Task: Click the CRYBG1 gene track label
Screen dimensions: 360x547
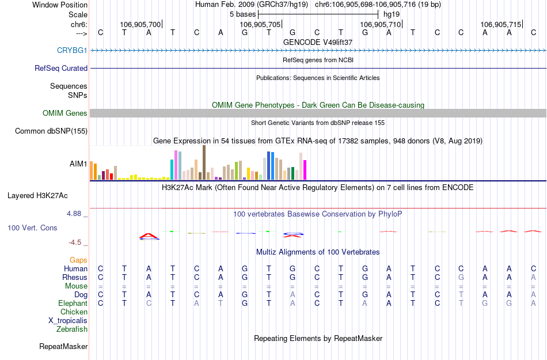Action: click(72, 51)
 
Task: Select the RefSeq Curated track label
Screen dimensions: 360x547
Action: click(61, 69)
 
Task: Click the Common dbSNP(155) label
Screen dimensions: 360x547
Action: click(51, 131)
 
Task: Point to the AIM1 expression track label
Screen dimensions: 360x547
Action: click(78, 164)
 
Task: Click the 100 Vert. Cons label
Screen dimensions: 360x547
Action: click(32, 228)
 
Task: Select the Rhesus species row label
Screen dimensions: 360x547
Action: click(75, 278)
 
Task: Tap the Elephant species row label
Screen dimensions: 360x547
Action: click(73, 304)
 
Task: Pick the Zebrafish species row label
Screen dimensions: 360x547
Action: click(72, 329)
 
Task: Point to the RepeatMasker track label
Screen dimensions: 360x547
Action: click(63, 347)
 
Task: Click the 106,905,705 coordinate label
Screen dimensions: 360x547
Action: click(260, 25)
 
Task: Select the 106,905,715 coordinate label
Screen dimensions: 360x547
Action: click(500, 25)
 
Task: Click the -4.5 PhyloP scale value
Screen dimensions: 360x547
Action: click(77, 242)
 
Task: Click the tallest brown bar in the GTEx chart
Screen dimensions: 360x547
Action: click(204, 162)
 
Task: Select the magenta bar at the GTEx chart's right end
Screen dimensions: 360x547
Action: click(305, 170)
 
